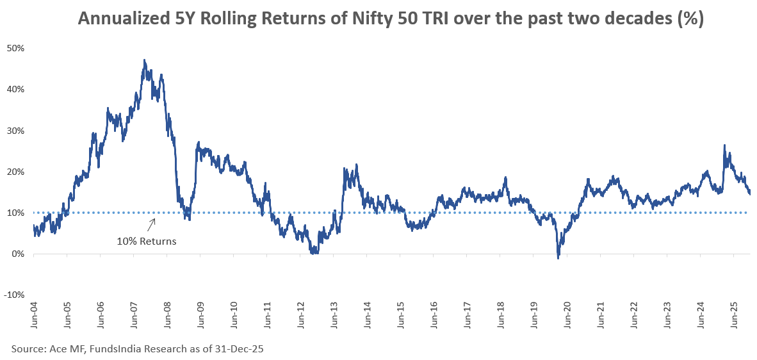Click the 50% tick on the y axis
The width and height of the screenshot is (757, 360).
(x=15, y=48)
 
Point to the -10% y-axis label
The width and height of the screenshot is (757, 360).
(x=14, y=295)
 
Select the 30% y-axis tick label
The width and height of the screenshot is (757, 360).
(x=15, y=131)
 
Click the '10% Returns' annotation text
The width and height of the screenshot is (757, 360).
(x=146, y=241)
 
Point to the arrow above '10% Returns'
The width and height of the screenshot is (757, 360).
(x=152, y=224)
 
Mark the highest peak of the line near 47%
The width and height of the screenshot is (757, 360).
(x=145, y=60)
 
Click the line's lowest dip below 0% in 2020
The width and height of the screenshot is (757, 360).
(x=558, y=258)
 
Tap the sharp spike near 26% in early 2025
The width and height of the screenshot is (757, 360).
(x=724, y=145)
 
